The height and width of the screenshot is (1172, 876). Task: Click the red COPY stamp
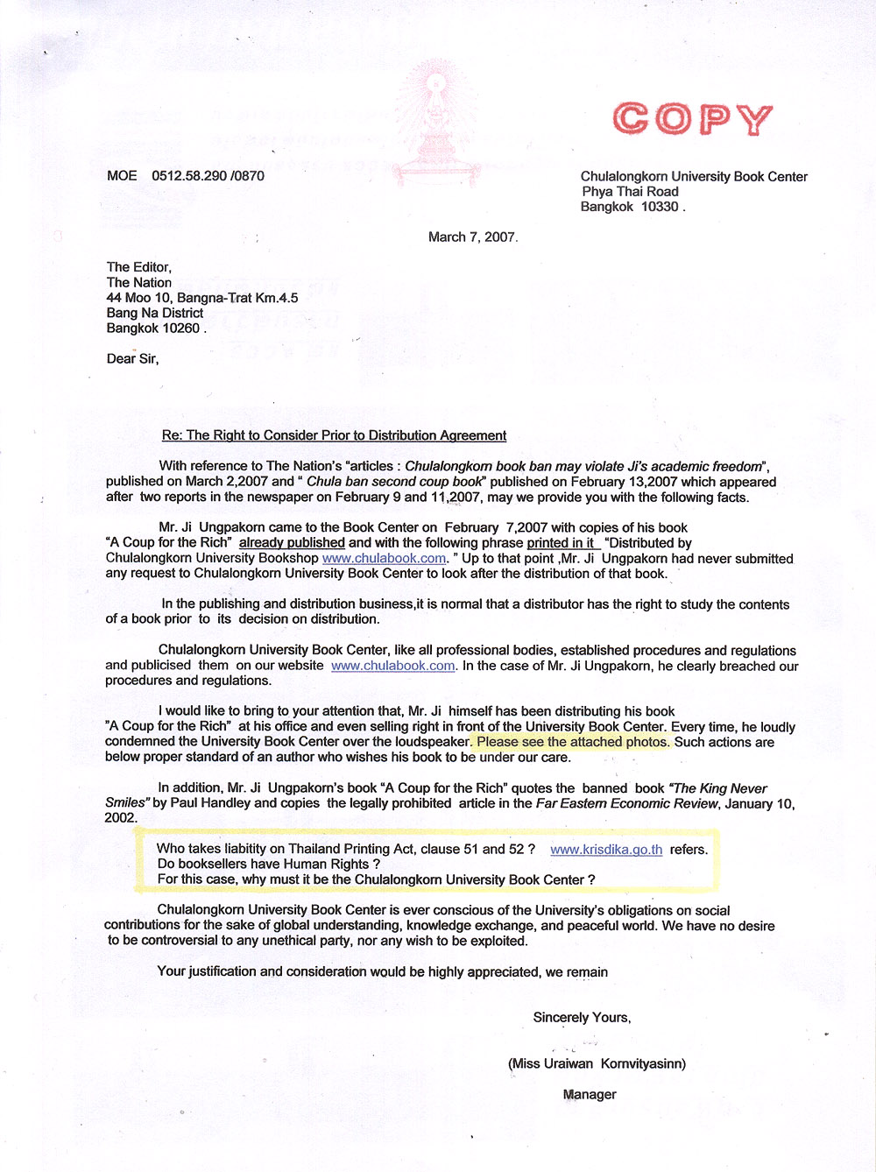(692, 119)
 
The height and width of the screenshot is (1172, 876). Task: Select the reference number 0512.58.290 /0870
(208, 176)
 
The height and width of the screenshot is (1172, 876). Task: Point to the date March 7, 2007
(472, 237)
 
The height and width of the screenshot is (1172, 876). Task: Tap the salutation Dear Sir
(132, 358)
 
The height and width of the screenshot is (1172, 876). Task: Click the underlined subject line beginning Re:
(334, 435)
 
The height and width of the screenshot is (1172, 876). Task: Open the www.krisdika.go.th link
(606, 850)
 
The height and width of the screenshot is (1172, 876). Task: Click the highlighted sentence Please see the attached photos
(573, 742)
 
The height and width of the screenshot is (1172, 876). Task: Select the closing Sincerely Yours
(582, 1017)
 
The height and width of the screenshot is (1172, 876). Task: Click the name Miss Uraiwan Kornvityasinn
(597, 1063)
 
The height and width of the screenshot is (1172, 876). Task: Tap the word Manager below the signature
(590, 1094)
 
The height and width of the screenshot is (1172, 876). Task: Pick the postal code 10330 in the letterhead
(660, 207)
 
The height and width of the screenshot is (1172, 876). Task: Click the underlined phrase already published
(292, 543)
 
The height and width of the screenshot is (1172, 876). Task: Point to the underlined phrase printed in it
(562, 543)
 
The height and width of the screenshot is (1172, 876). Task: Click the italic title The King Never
(719, 788)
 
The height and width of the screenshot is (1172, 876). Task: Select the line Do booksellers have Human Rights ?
(269, 864)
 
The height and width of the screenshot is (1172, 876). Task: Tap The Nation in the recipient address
(139, 282)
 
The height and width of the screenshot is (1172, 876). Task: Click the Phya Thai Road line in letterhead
(630, 192)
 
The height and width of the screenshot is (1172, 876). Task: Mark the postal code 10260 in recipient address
(182, 328)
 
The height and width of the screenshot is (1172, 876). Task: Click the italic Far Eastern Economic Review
(625, 803)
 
